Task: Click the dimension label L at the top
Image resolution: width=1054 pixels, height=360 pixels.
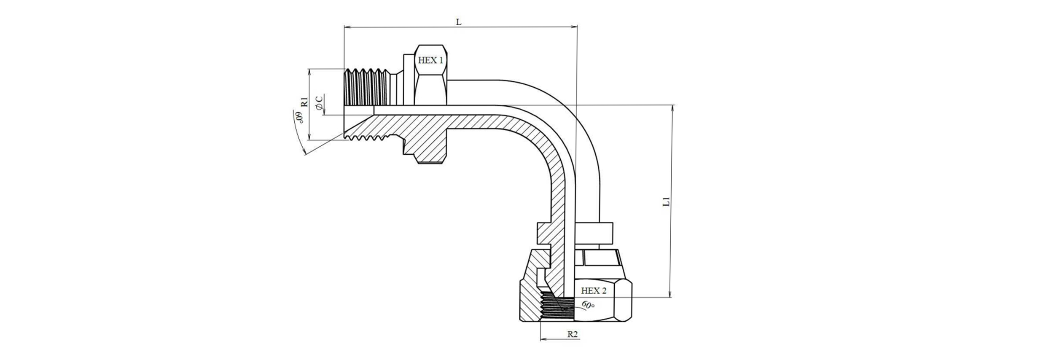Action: point(459,22)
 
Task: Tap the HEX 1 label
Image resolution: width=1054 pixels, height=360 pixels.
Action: point(430,60)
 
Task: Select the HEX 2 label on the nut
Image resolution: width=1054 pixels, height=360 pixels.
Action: point(593,290)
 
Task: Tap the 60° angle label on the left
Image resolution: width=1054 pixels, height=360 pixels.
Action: point(299,117)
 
